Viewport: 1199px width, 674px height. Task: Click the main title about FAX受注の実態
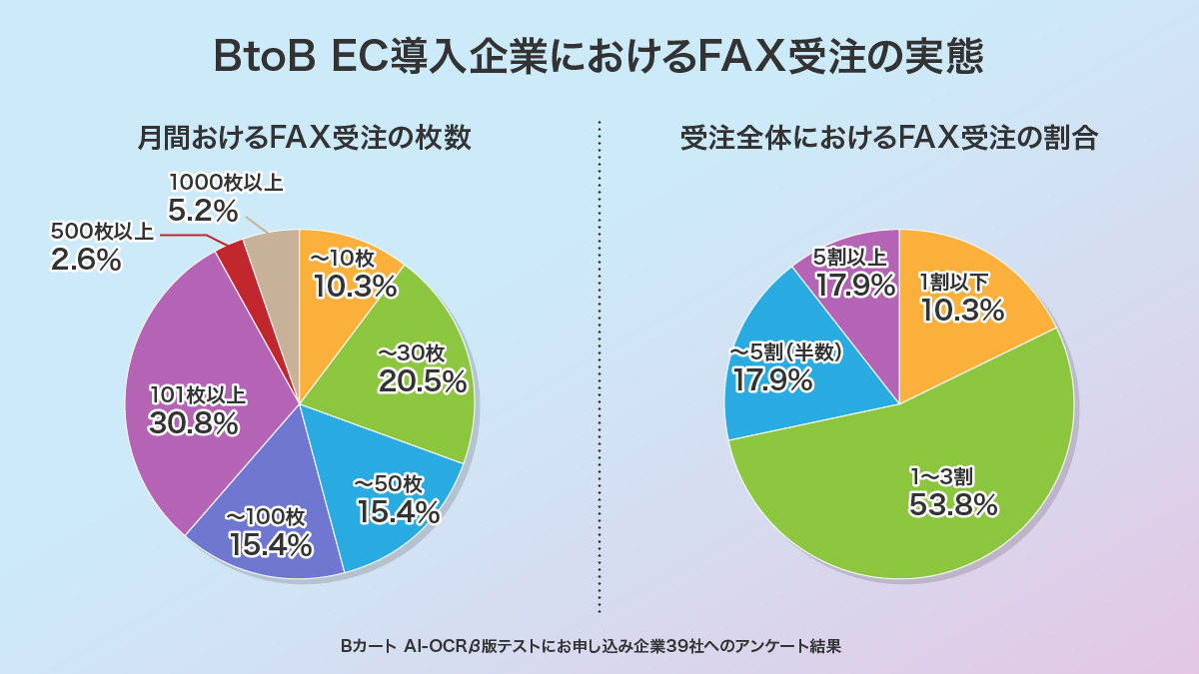coord(599,57)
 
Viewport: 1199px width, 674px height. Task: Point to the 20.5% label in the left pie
coord(423,380)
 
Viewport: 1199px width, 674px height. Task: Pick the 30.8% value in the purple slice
coord(194,422)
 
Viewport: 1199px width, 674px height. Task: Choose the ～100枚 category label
coord(265,517)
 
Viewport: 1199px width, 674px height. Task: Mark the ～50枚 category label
coord(389,484)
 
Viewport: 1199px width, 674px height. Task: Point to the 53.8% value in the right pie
coord(953,504)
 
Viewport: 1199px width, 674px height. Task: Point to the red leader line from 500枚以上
coord(190,238)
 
